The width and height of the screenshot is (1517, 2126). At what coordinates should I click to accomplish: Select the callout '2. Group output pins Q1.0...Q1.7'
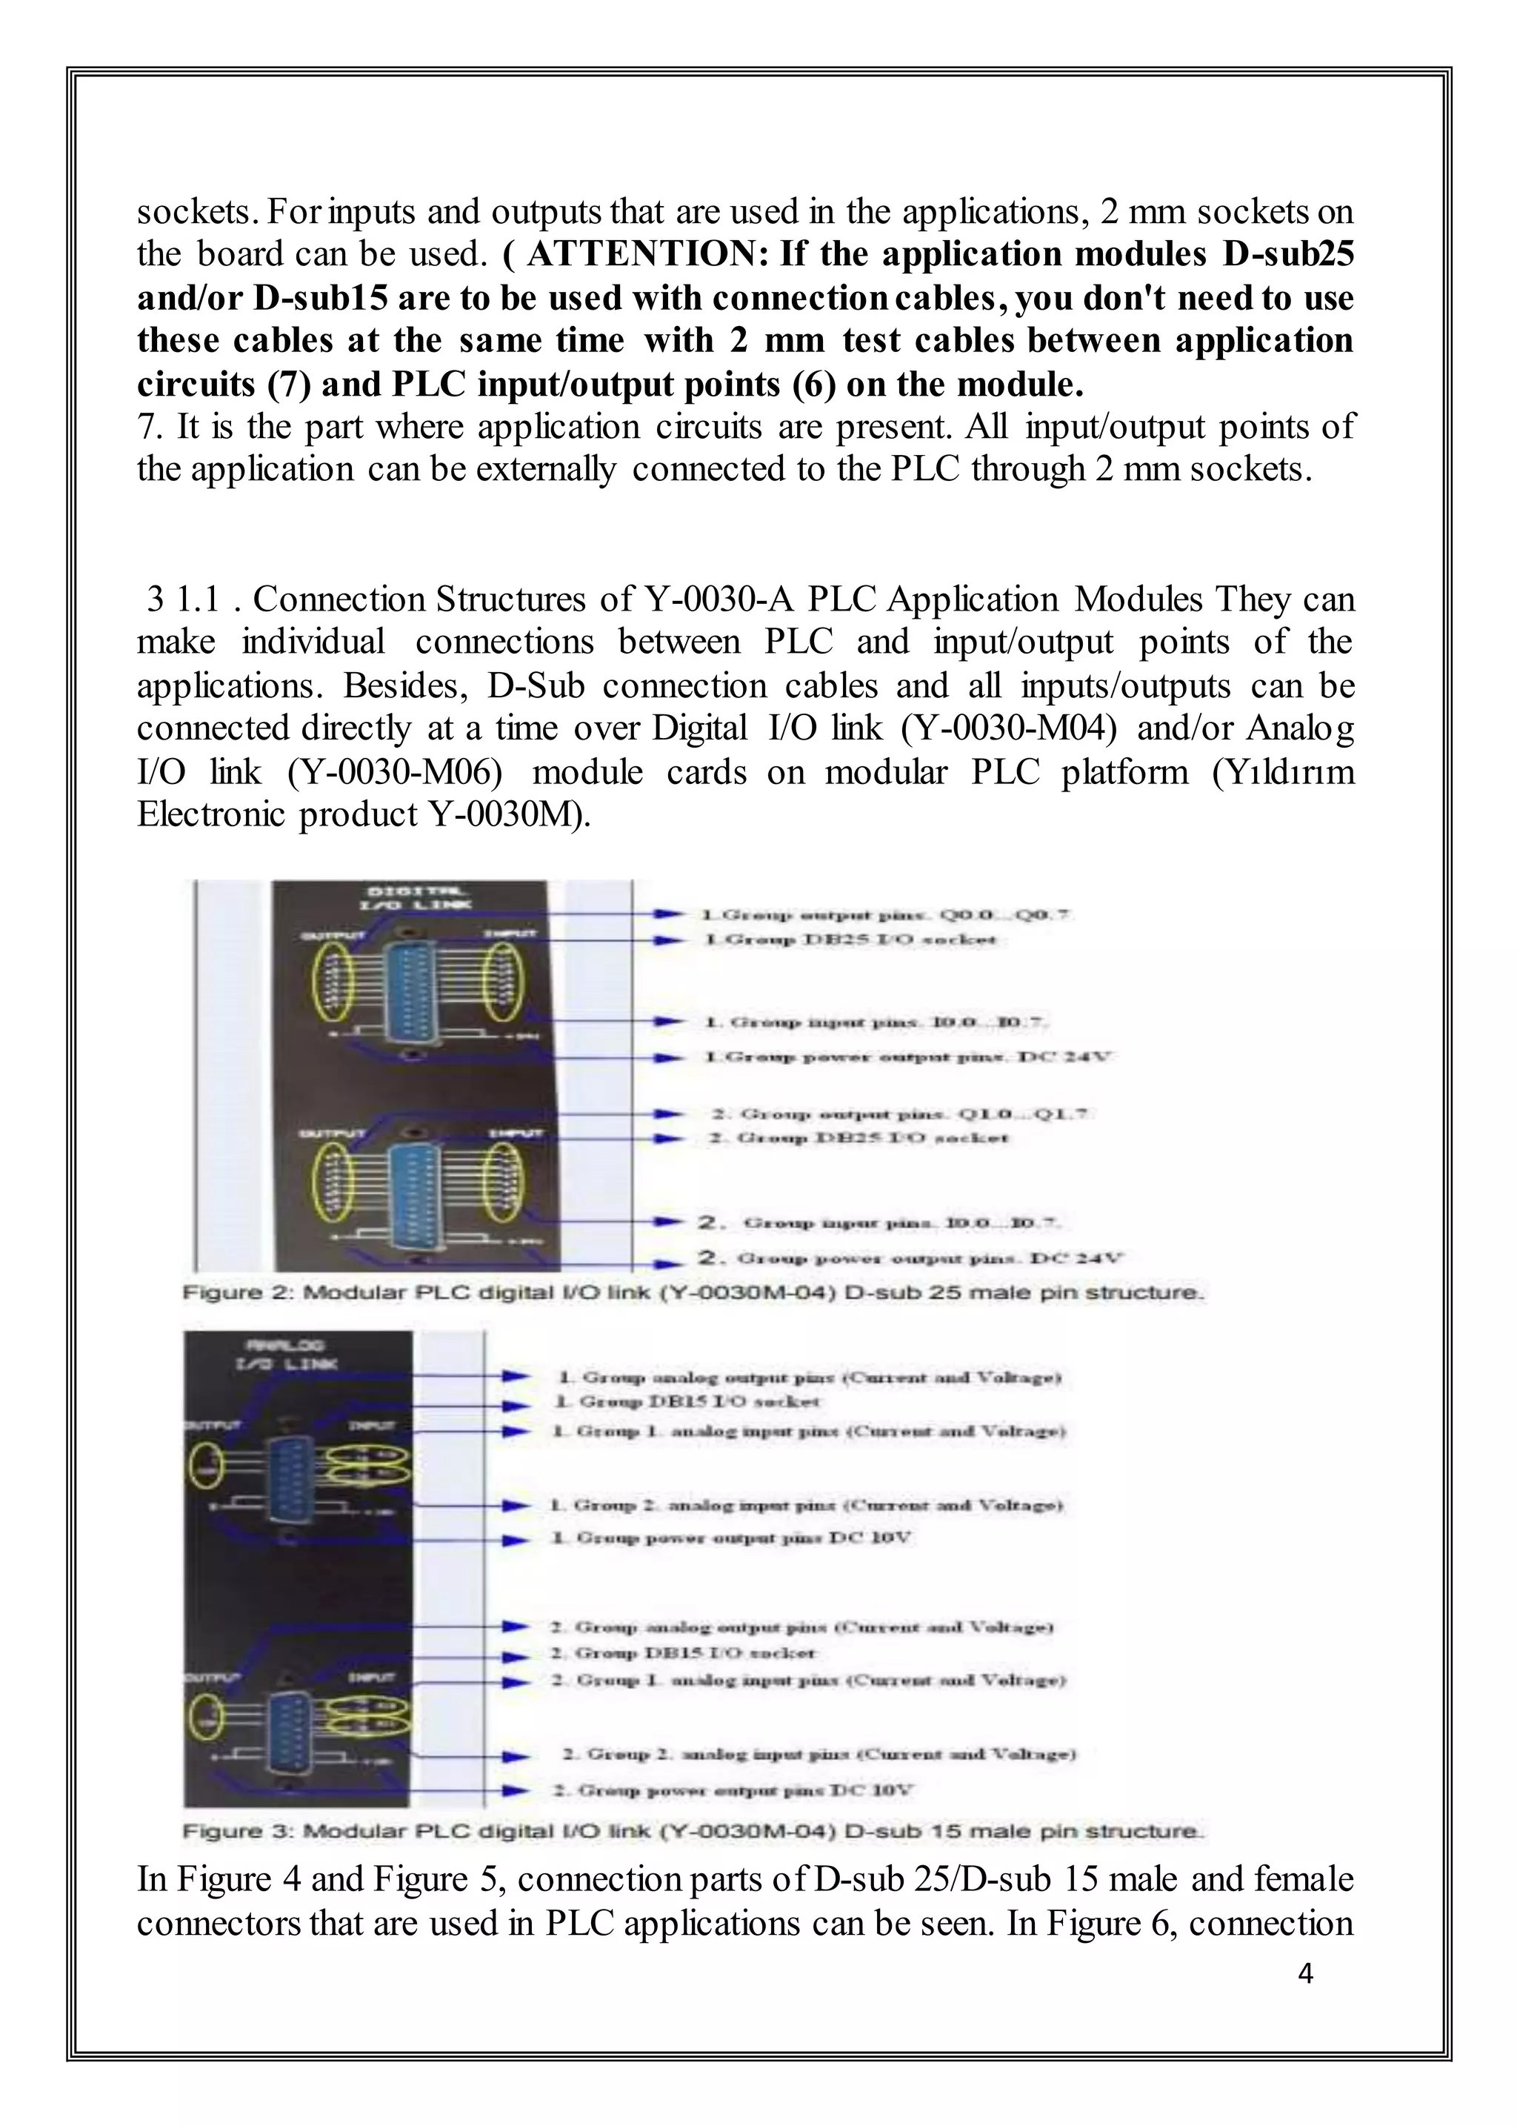pos(901,1114)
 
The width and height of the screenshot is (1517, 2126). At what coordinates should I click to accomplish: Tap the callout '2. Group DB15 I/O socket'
pos(684,1653)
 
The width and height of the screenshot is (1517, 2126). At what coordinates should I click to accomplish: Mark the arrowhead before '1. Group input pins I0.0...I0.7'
pos(666,1023)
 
